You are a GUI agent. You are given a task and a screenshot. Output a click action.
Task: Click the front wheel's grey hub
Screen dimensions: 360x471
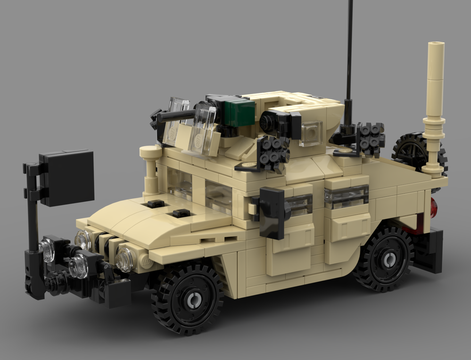pos(192,300)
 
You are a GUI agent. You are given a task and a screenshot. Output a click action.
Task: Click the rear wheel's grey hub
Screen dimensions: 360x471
pos(389,259)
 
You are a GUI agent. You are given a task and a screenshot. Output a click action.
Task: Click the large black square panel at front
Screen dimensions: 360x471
pos(66,178)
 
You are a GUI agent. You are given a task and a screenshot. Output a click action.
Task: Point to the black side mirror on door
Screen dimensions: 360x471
pos(272,212)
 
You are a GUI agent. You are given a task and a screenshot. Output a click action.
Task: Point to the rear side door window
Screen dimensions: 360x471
pos(346,196)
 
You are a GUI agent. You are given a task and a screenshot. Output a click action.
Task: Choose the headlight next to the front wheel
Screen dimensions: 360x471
pos(125,259)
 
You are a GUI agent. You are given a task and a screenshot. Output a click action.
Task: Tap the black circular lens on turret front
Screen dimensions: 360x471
pos(266,122)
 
